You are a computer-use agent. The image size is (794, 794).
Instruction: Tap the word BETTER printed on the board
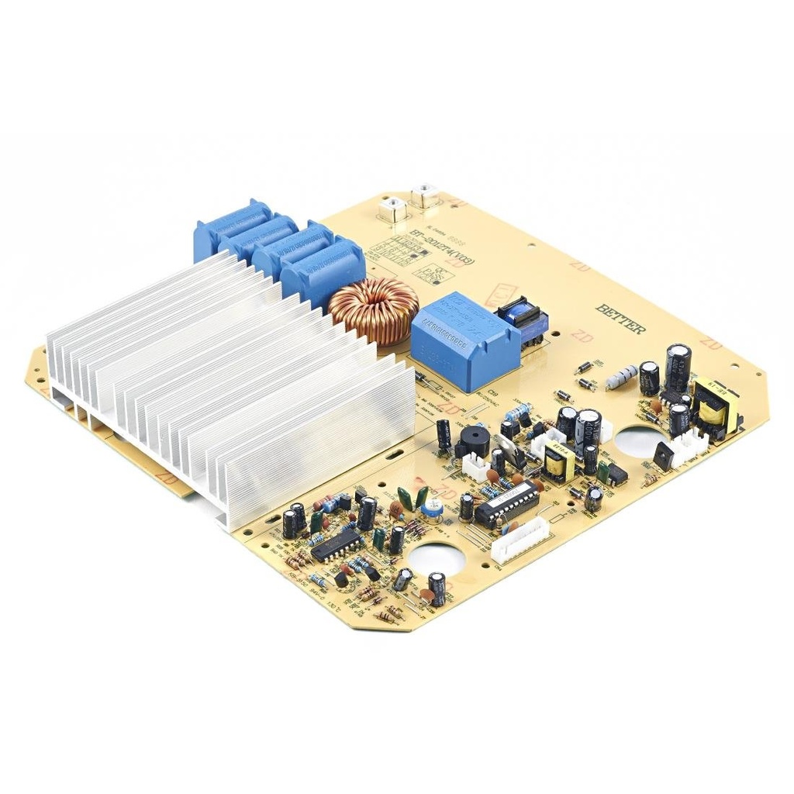(620, 318)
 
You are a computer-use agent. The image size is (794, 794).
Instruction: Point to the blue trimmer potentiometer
(428, 507)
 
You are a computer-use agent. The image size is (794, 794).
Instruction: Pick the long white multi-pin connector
(520, 540)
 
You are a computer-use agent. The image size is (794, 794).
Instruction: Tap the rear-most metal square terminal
(424, 194)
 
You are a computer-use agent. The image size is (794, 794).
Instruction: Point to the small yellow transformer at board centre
(558, 462)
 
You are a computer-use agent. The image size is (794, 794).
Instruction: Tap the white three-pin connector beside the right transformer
(689, 446)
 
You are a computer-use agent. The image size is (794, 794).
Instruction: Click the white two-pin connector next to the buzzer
(475, 465)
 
